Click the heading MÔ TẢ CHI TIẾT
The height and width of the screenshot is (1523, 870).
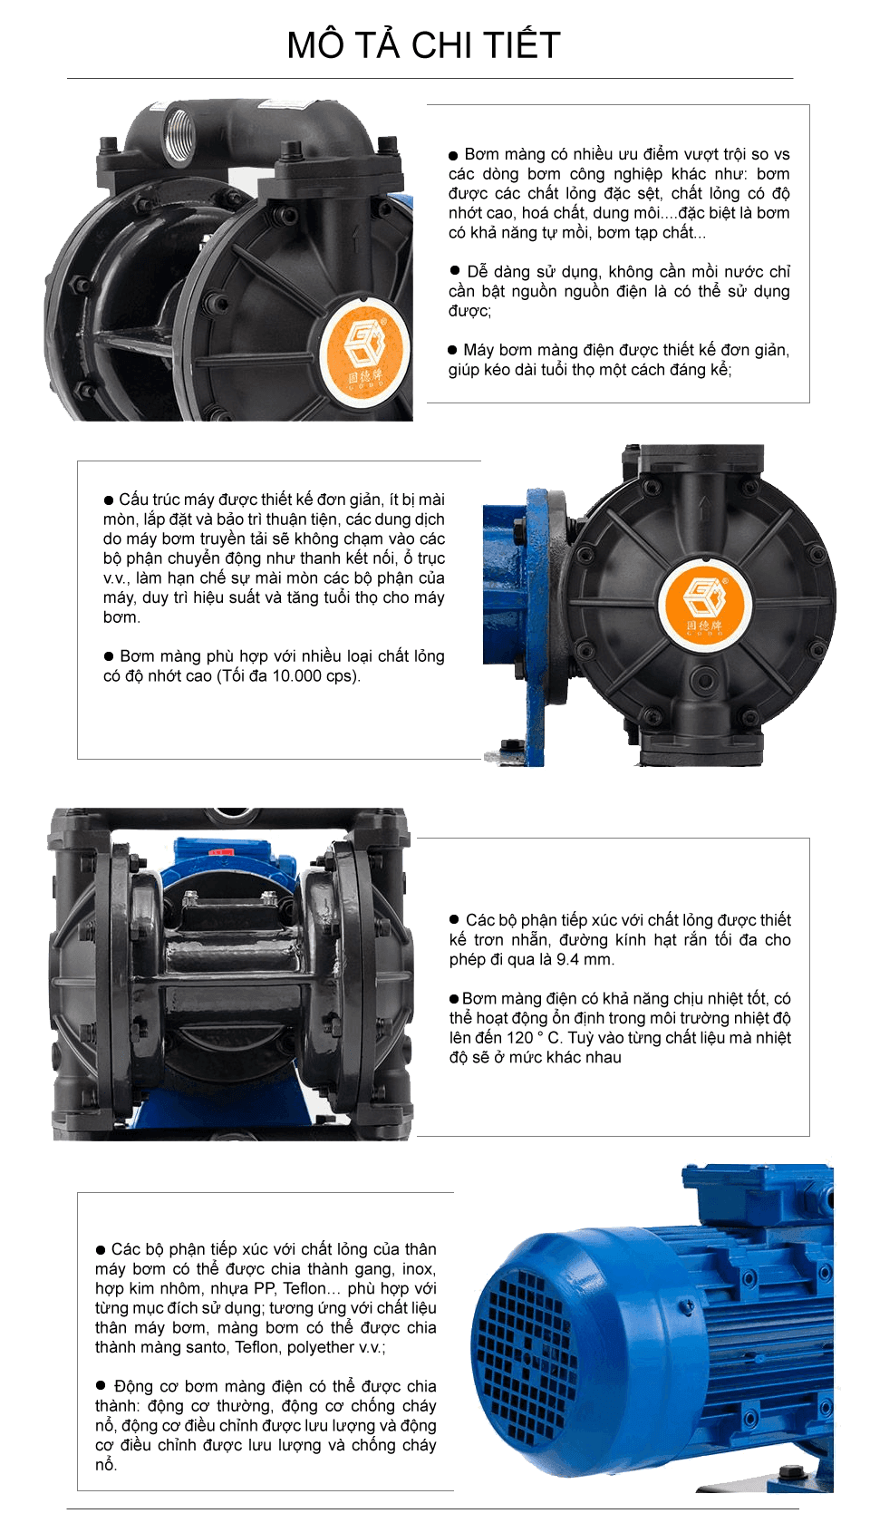pyautogui.click(x=423, y=45)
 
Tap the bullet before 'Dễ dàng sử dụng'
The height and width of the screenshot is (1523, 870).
pyautogui.click(x=455, y=271)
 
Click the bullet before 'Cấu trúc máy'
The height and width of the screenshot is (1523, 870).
pyautogui.click(x=109, y=500)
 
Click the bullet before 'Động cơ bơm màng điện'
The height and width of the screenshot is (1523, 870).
pyautogui.click(x=101, y=1386)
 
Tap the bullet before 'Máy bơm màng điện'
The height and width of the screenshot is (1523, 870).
pyautogui.click(x=453, y=350)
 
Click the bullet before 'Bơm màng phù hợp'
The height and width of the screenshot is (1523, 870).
pyautogui.click(x=109, y=656)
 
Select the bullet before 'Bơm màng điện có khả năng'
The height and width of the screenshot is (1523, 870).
pyautogui.click(x=455, y=999)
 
